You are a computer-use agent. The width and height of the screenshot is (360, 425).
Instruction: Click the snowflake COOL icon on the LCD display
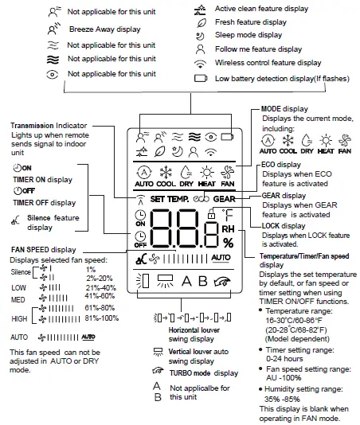165,173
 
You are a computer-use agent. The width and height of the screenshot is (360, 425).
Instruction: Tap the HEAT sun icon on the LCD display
212,173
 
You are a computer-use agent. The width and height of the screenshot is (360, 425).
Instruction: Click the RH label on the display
229,230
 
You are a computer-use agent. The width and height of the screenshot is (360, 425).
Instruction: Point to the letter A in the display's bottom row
186,280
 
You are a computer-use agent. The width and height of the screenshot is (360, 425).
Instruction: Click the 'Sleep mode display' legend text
249,36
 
